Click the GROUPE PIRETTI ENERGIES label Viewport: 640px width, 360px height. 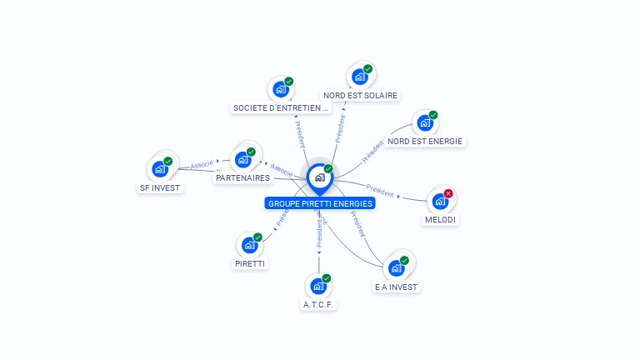pos(320,203)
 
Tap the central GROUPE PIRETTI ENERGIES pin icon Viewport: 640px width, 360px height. pos(319,177)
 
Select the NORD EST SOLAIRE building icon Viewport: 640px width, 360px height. pos(360,77)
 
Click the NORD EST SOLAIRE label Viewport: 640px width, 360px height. pos(360,95)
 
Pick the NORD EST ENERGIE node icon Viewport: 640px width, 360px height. pos(425,123)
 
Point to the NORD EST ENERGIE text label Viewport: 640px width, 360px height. pos(425,141)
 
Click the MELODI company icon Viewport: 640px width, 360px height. pos(440,201)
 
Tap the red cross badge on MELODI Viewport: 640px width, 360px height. pos(448,193)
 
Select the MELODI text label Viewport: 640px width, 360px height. pos(441,219)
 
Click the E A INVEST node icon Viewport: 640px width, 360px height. pos(397,268)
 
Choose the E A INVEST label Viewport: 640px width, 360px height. pos(397,287)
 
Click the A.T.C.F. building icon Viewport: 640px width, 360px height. pos(318,286)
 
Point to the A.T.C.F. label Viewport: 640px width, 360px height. pos(318,304)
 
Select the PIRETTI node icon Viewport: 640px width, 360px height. pos(250,245)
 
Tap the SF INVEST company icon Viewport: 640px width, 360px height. pos(160,169)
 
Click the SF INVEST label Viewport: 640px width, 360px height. pos(160,187)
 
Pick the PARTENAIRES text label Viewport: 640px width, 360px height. pos(242,177)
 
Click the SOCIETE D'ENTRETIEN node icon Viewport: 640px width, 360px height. pos(281,89)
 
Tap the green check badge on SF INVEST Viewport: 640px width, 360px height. pos(168,161)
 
